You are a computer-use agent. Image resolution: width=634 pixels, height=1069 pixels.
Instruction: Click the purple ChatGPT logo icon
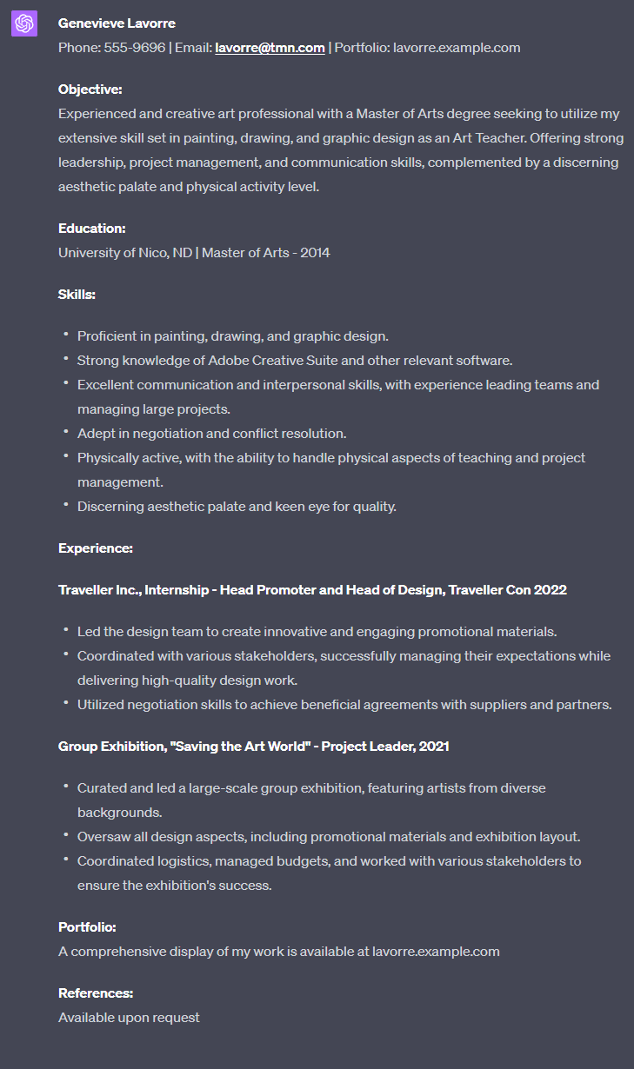click(x=24, y=24)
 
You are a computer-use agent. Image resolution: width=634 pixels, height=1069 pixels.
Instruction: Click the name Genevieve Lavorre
click(x=117, y=23)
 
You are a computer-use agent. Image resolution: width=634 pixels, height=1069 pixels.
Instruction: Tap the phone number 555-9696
click(x=135, y=48)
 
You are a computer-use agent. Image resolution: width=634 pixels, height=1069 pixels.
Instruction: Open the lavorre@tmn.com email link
click(x=270, y=48)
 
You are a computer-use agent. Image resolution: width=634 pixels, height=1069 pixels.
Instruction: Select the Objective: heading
click(x=90, y=90)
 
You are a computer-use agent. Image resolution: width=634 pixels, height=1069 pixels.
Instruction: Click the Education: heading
click(x=92, y=229)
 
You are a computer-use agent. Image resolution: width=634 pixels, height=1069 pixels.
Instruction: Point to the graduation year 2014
click(x=315, y=253)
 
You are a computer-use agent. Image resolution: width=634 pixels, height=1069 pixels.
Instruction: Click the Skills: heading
click(x=77, y=295)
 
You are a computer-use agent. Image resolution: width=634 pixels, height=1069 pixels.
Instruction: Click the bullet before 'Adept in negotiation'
click(x=66, y=432)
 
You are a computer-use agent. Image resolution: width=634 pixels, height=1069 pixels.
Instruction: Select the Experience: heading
click(x=96, y=548)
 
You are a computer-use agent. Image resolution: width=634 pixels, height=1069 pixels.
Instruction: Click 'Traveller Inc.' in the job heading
click(x=98, y=590)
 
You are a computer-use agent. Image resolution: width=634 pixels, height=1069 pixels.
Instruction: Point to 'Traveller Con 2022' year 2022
click(x=550, y=590)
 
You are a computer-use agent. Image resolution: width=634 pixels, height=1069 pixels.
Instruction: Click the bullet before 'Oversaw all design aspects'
click(x=66, y=835)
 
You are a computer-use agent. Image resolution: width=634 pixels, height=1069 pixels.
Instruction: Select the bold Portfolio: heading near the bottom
click(x=87, y=927)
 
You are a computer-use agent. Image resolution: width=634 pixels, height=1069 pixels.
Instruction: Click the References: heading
click(x=96, y=993)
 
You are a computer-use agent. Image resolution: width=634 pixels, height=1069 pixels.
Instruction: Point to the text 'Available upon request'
click(x=129, y=1017)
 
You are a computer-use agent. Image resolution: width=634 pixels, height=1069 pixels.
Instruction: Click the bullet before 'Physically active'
click(x=66, y=456)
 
